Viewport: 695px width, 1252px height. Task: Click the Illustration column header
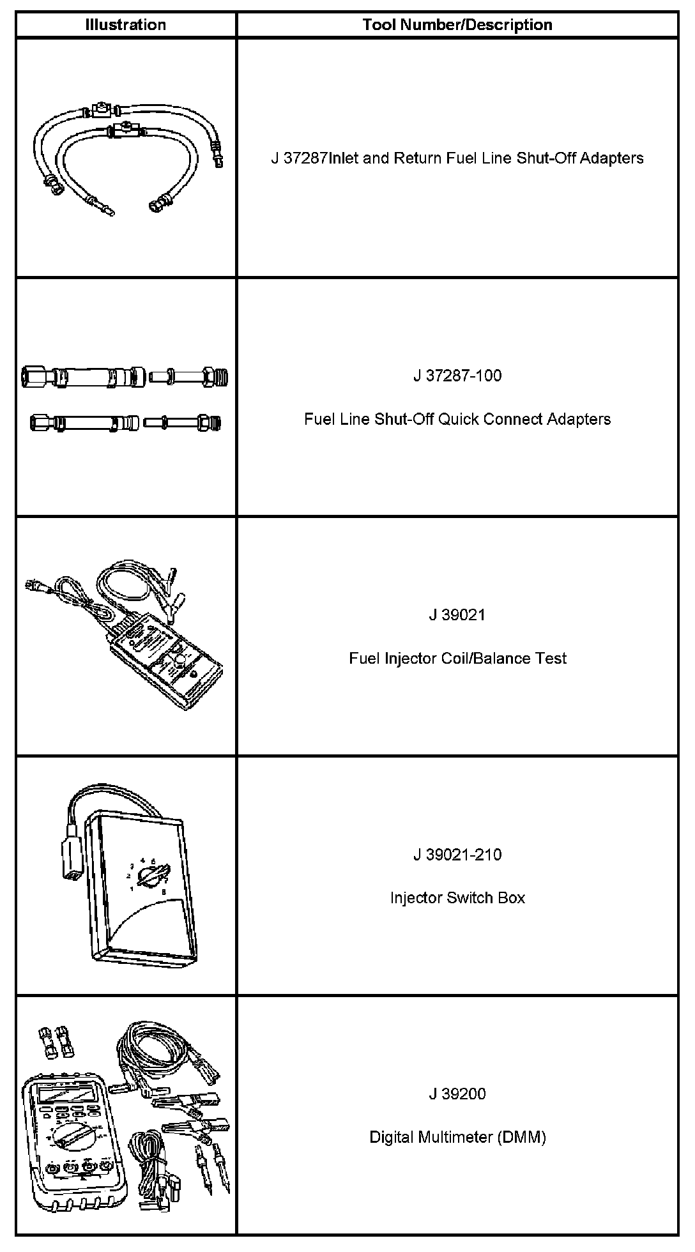[125, 25]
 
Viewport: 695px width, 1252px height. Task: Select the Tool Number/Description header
[457, 25]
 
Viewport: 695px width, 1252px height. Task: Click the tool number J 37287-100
[457, 376]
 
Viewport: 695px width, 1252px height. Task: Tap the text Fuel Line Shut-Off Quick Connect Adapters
[457, 419]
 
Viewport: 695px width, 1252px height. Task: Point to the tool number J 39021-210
[457, 855]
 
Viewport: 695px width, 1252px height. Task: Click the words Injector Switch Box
[457, 898]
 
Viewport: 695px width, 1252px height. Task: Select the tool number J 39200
[457, 1094]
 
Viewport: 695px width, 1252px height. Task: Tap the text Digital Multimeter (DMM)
[457, 1137]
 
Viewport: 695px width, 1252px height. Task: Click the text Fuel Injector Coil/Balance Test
[457, 659]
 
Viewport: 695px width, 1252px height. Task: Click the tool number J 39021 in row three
[457, 615]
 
